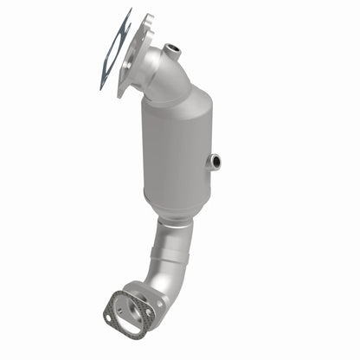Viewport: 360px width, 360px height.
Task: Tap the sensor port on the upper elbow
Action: pos(174,49)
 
